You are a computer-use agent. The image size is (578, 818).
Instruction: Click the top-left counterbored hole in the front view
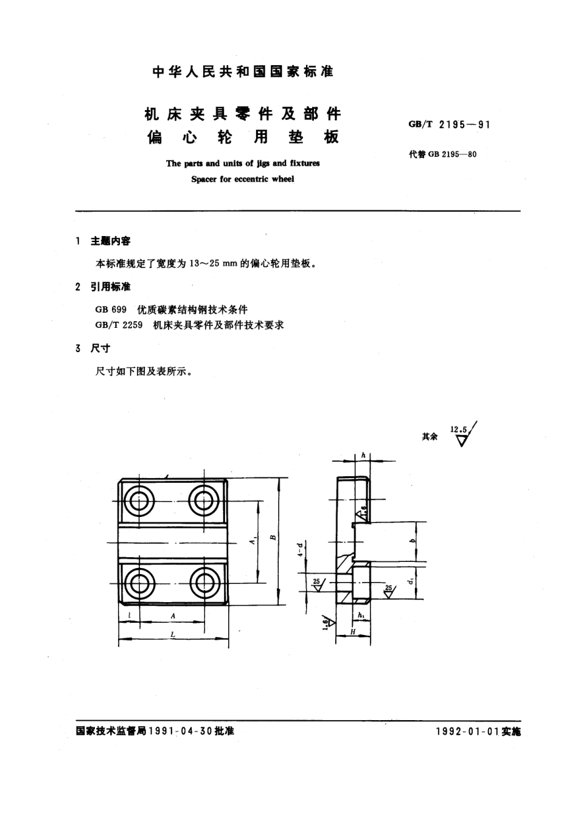tap(139, 501)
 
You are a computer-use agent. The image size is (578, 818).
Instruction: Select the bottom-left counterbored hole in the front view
tap(139, 583)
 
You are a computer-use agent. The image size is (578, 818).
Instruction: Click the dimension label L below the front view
tap(173, 634)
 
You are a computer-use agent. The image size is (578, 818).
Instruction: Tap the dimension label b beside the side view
tap(412, 541)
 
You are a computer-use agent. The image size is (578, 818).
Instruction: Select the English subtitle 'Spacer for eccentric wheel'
tap(242, 179)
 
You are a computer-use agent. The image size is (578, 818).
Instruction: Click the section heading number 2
tap(78, 286)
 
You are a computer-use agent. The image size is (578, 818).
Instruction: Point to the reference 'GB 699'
tap(111, 309)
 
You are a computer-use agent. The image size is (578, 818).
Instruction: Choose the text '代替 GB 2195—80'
tap(443, 154)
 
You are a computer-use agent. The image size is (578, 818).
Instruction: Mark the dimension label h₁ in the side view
tap(361, 616)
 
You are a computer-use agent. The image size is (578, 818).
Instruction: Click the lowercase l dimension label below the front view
tap(130, 615)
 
